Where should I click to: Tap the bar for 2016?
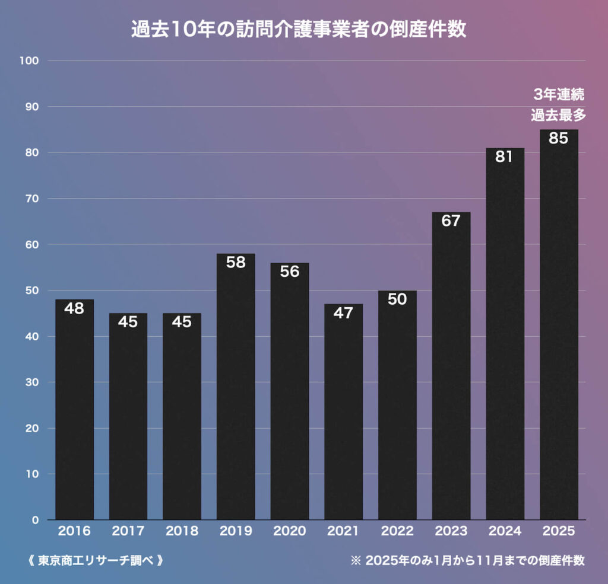74,410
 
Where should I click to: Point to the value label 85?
559,138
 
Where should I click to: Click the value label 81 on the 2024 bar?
505,157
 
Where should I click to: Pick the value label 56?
290,272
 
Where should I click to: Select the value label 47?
343,313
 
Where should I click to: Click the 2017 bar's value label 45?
128,322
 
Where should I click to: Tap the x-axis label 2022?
397,531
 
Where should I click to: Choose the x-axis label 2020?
290,531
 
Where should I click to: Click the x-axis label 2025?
559,531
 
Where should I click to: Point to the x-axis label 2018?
182,531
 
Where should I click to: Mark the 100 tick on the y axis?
29,60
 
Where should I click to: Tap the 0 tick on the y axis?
35,520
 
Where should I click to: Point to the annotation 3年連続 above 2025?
559,94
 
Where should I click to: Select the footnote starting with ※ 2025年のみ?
468,560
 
